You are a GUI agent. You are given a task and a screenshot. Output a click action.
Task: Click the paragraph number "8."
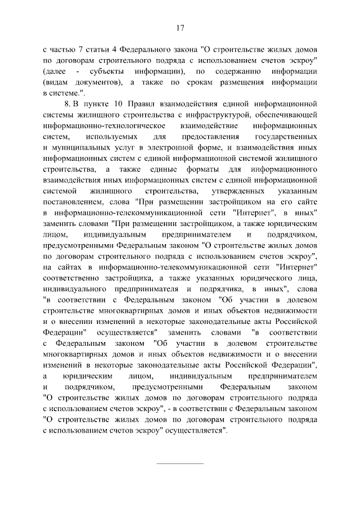click(x=69, y=104)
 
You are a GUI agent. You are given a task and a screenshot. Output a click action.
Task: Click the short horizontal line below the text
click(x=180, y=464)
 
